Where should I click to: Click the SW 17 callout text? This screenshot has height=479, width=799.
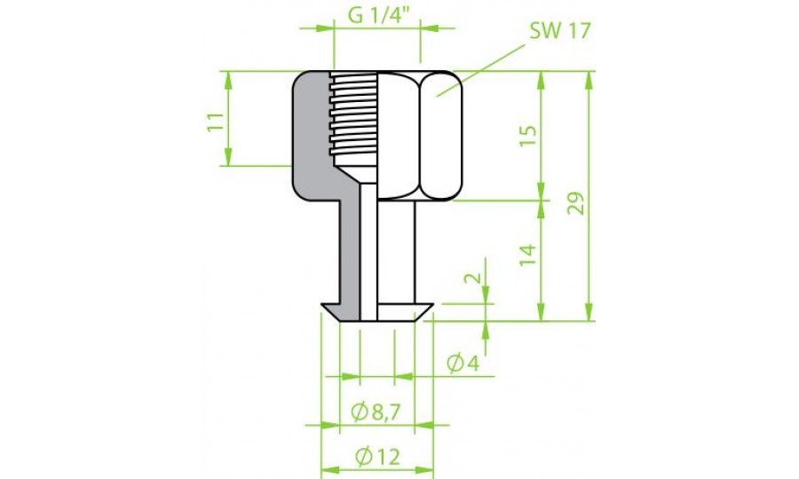coord(560,32)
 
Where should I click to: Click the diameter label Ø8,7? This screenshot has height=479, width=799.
coord(376,412)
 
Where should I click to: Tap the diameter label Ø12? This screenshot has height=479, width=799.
coord(376,458)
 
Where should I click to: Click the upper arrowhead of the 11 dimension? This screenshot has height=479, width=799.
coord(229,78)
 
